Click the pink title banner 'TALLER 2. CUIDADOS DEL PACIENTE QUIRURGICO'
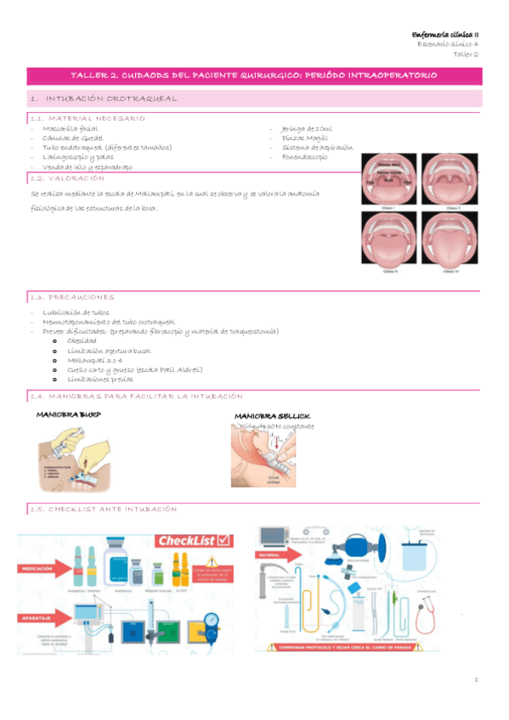click(253, 76)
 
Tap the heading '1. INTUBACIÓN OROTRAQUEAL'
click(111, 98)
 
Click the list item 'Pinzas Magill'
click(304, 138)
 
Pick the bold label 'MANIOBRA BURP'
click(64, 415)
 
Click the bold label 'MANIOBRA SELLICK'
click(272, 416)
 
